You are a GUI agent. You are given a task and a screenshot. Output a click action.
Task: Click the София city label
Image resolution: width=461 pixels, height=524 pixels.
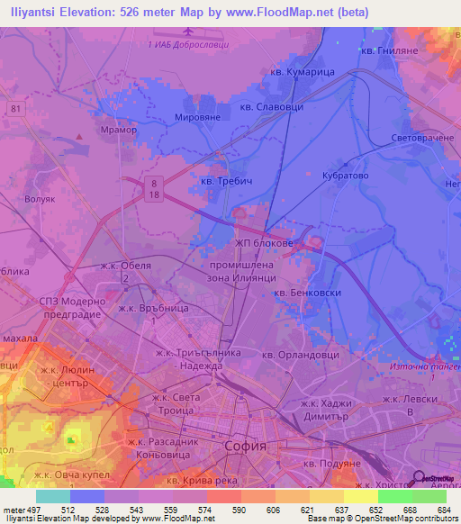[246, 446]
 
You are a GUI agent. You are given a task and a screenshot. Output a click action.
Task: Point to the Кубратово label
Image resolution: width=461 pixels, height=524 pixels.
[345, 176]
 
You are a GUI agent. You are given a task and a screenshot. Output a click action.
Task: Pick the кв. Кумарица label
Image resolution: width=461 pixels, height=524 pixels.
[303, 72]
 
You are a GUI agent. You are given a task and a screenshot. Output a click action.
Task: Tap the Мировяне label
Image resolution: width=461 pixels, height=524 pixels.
[203, 117]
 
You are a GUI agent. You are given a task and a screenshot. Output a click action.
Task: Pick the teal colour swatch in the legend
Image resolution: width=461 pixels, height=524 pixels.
[53, 496]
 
